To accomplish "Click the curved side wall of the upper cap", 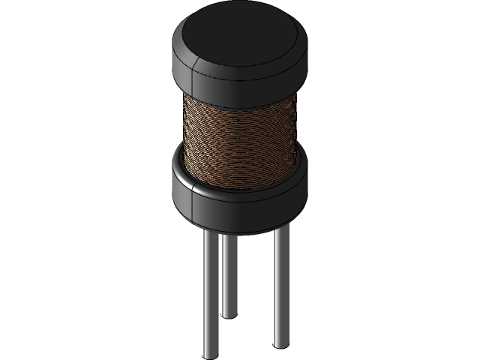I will [247, 79].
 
